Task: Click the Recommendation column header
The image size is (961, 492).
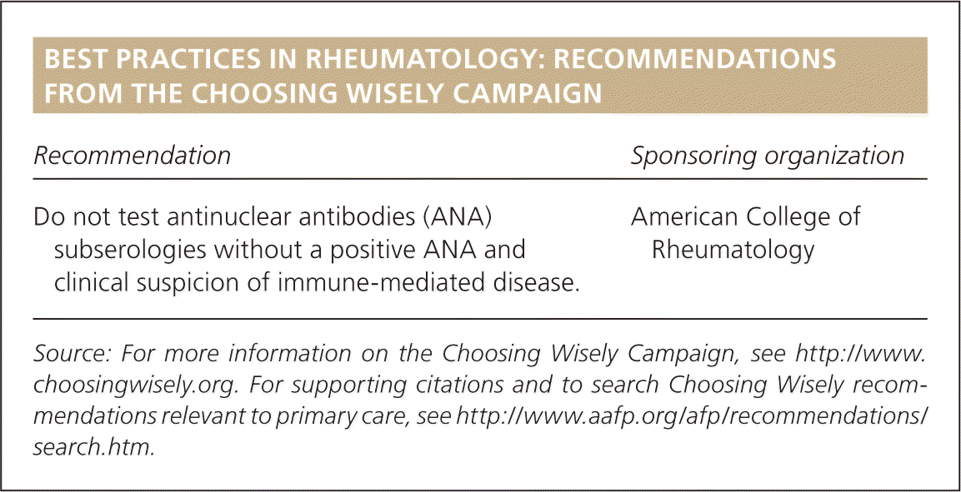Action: [132, 156]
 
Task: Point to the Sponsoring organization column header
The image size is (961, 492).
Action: [768, 156]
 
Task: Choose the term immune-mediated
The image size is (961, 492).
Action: [349, 285]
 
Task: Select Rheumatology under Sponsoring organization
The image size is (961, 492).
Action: [733, 251]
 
